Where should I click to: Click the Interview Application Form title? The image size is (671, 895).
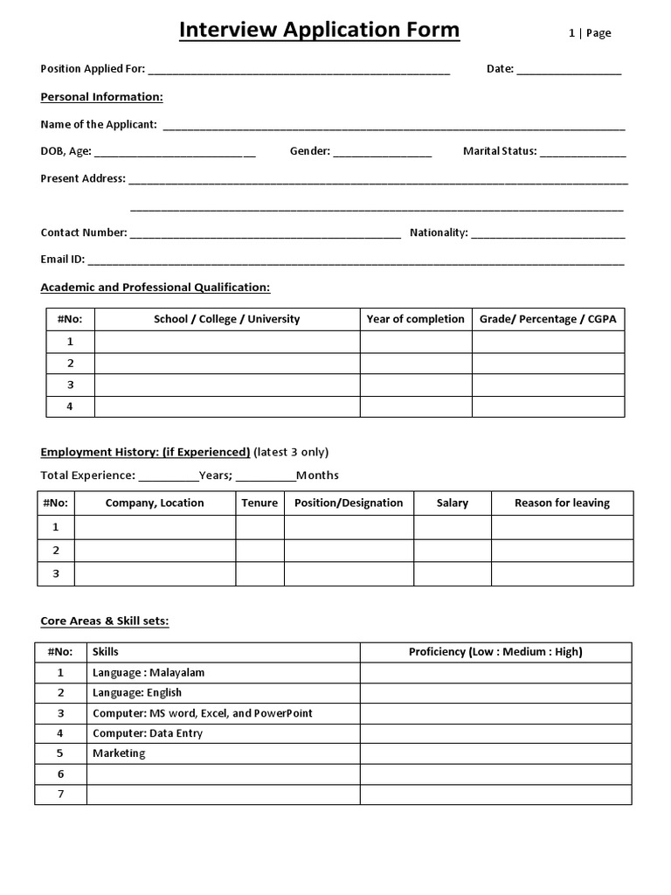319,31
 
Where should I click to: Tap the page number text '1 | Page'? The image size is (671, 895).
590,33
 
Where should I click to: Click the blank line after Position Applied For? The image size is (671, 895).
300,70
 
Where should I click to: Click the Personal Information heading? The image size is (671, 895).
101,97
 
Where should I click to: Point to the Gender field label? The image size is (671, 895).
309,151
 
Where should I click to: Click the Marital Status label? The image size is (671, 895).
500,151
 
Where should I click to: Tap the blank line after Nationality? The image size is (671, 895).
549,233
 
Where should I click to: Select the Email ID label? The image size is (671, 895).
63,260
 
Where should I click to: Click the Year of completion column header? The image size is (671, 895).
416,319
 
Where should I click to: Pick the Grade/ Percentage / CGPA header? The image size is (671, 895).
548,319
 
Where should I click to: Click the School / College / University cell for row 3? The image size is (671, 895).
227,385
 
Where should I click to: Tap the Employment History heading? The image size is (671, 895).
145,452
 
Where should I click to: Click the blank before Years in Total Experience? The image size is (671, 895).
169,475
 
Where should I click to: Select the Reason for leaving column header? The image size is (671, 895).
562,503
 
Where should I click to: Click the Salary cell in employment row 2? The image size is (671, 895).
452,551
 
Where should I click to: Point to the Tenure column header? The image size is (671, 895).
259,503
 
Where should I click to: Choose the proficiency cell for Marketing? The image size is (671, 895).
495,753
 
